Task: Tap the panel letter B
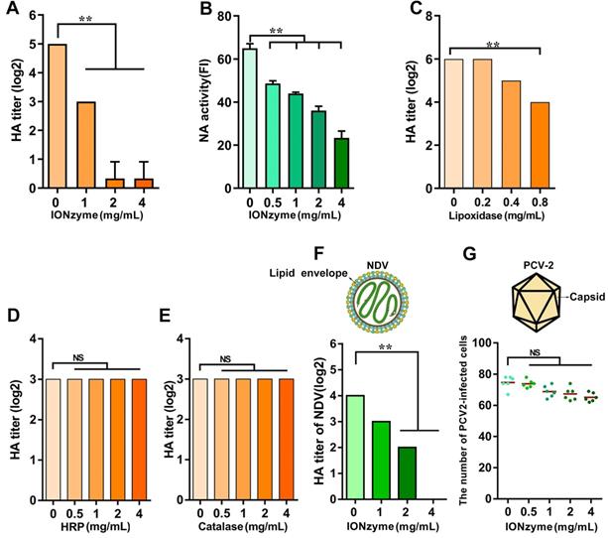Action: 233,13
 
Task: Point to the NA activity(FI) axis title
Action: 213,100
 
